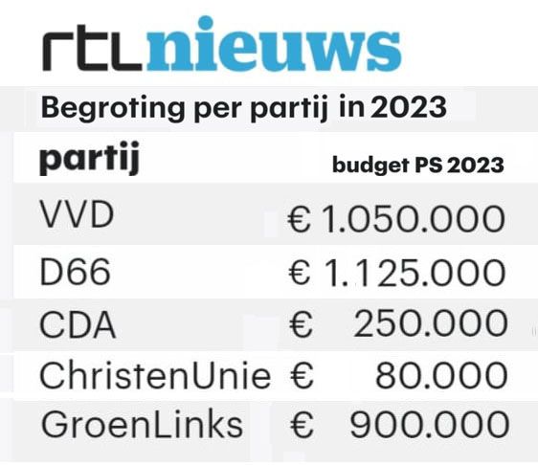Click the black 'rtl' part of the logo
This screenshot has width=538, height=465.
pyautogui.click(x=92, y=48)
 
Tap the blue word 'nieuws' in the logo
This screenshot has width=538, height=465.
pyautogui.click(x=274, y=44)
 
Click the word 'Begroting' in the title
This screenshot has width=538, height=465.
pyautogui.click(x=113, y=109)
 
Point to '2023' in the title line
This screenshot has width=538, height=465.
pyautogui.click(x=409, y=107)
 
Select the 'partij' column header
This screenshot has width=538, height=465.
pyautogui.click(x=90, y=159)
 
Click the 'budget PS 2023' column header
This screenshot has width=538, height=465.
pyautogui.click(x=418, y=165)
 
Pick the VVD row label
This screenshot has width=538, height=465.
pyautogui.click(x=77, y=214)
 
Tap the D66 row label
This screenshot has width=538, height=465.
pyautogui.click(x=75, y=272)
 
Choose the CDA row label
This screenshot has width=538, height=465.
pyautogui.click(x=78, y=324)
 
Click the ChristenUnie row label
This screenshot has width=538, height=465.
pyautogui.click(x=155, y=375)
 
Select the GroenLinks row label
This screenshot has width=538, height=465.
pyautogui.click(x=142, y=424)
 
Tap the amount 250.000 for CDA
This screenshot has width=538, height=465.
pyautogui.click(x=430, y=323)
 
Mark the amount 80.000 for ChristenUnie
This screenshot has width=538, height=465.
pyautogui.click(x=441, y=375)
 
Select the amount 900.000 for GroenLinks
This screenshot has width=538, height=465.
pyautogui.click(x=429, y=425)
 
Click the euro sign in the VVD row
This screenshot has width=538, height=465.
pyautogui.click(x=300, y=219)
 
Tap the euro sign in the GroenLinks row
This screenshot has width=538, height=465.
pyautogui.click(x=302, y=425)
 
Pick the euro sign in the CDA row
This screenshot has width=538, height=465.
pyautogui.click(x=301, y=324)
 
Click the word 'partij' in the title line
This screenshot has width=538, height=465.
pyautogui.click(x=288, y=109)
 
